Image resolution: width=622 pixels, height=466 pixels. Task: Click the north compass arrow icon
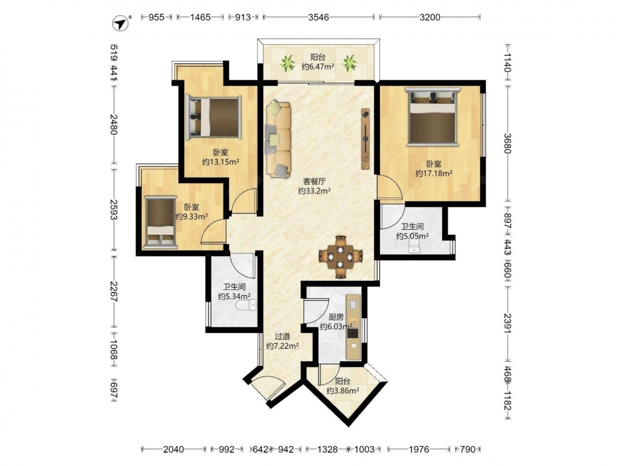coord(122,23)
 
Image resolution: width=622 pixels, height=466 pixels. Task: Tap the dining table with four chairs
coord(341,257)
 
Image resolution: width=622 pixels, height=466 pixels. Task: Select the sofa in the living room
coord(278,139)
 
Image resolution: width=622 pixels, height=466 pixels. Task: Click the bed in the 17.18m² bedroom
coord(432,117)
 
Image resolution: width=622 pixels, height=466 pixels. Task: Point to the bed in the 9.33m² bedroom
coord(160,222)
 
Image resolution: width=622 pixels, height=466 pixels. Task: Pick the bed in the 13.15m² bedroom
coord(213,117)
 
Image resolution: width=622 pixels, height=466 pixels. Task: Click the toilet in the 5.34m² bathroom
coord(246,305)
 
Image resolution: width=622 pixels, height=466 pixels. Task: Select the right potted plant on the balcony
coord(350,63)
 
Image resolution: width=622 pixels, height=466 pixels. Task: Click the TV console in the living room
coord(365,139)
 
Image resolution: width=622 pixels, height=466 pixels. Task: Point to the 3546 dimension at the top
coord(318,17)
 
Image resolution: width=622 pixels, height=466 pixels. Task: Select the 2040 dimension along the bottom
coord(174,449)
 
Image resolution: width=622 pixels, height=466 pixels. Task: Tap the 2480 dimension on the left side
coord(114,124)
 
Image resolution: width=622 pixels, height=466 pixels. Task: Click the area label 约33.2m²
coord(315,191)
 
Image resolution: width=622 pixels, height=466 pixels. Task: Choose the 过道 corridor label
coord(282,336)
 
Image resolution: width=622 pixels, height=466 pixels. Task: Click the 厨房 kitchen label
coord(336,317)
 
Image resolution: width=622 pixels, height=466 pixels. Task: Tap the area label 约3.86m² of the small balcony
coord(343,391)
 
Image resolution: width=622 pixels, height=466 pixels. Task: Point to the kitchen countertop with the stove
coord(353,327)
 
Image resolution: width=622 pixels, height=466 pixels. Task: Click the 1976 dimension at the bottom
coord(419,449)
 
